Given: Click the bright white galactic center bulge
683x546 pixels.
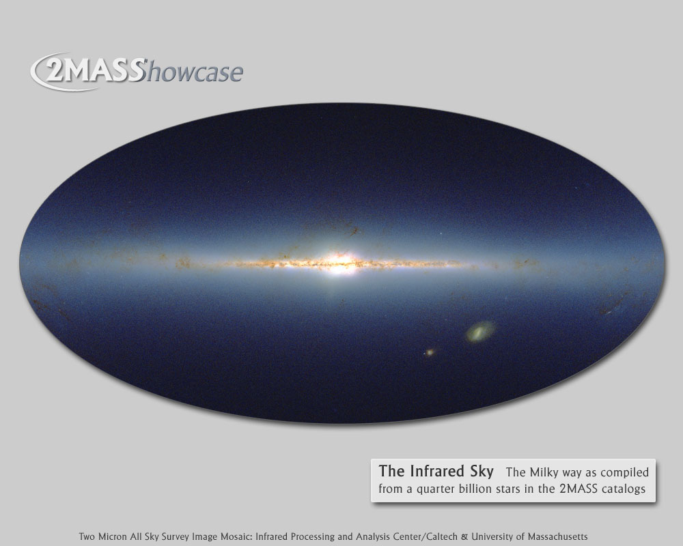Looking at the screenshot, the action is click(x=339, y=263).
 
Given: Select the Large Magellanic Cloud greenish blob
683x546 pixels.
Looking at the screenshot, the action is click(x=480, y=331).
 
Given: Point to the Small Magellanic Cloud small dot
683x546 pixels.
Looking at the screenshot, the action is click(x=430, y=351).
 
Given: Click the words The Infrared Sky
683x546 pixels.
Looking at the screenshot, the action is click(x=436, y=471).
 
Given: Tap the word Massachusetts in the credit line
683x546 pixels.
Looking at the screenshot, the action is click(x=557, y=536).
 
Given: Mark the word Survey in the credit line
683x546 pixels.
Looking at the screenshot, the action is click(x=176, y=537).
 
